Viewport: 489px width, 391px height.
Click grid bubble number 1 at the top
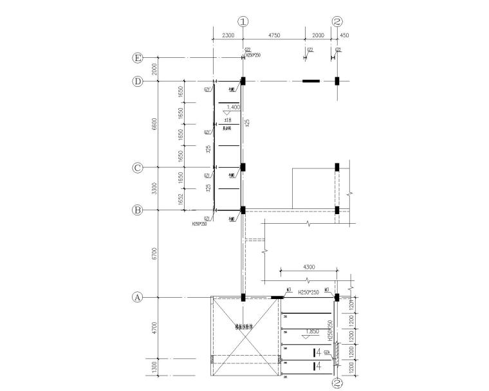[243, 21]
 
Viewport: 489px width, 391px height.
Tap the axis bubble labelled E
[138, 58]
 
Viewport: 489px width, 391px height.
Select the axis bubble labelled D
[138, 82]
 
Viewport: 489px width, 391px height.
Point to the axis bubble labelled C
[138, 168]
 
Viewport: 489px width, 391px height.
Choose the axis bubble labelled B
[138, 210]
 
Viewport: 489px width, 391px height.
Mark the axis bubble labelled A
[138, 298]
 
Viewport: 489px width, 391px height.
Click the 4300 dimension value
[306, 267]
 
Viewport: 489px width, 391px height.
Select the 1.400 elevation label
[232, 107]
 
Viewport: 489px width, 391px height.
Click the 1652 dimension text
[182, 200]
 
